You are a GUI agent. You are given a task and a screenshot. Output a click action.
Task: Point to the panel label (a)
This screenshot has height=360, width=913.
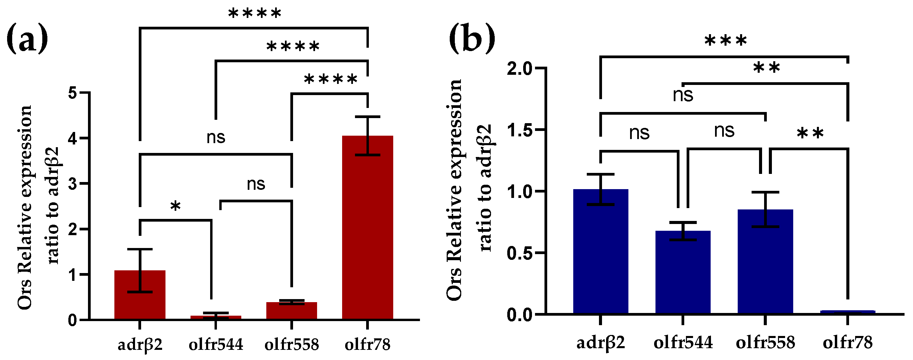pos(27,38)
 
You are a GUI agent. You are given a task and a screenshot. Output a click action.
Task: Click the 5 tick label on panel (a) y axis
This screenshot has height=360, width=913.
pos(73,93)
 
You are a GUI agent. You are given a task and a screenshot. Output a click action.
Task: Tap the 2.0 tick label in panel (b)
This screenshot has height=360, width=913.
pos(519,68)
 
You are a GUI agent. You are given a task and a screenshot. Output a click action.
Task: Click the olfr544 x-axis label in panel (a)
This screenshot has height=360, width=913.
pos(216,344)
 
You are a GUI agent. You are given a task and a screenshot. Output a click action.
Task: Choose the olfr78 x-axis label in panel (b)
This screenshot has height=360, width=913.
pos(847,343)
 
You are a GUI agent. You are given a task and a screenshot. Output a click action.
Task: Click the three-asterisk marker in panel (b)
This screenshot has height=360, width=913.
pos(726,41)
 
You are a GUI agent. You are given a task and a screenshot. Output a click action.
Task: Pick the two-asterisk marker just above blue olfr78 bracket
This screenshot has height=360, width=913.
pos(810,134)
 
